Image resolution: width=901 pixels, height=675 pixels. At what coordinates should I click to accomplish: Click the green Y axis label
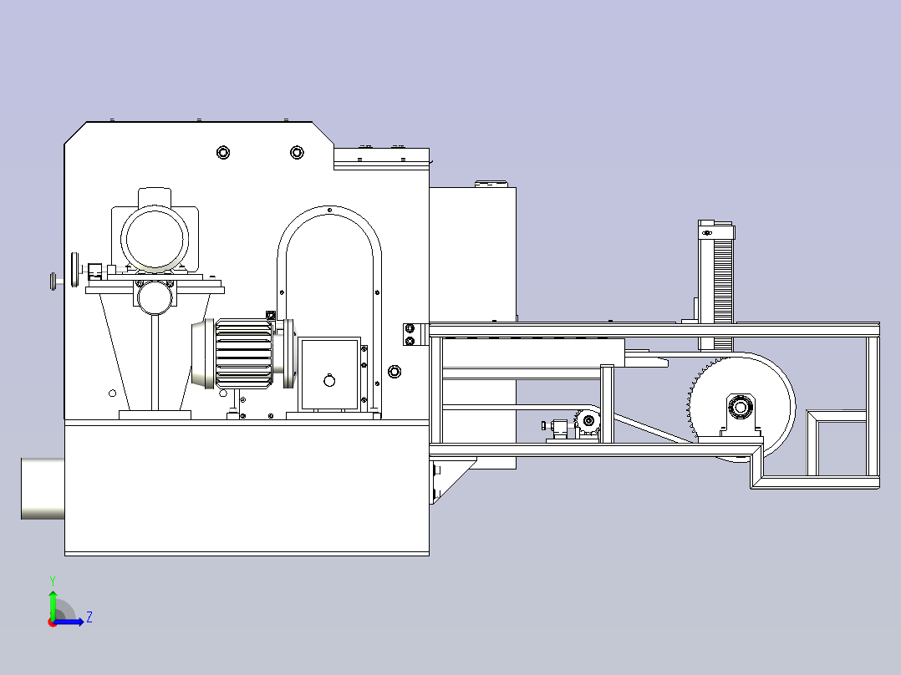point(53,581)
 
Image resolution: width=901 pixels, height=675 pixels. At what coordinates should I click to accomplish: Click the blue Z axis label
point(89,617)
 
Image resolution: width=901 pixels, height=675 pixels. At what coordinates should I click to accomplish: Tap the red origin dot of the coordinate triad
point(53,622)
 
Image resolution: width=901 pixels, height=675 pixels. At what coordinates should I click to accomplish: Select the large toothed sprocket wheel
point(741,408)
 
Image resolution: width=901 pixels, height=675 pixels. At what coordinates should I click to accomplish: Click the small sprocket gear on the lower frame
point(588,421)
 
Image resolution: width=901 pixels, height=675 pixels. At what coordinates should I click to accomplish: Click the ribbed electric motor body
point(244,353)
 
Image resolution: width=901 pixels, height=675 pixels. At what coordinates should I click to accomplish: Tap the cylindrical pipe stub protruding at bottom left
point(43,489)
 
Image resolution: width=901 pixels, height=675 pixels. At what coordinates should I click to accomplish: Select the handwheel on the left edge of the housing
point(74,269)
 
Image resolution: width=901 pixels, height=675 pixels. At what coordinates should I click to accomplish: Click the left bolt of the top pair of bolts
point(223,152)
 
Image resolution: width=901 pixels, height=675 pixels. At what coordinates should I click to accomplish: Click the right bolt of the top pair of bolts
point(297,152)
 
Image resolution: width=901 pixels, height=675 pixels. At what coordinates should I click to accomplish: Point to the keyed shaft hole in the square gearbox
point(329,380)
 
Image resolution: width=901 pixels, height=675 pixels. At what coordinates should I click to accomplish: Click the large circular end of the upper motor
point(155,237)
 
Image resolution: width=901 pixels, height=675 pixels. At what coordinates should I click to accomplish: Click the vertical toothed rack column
point(716,285)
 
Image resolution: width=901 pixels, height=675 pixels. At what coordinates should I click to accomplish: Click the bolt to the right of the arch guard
point(395,372)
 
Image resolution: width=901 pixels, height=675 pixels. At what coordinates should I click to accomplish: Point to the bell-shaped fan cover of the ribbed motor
point(203,354)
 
